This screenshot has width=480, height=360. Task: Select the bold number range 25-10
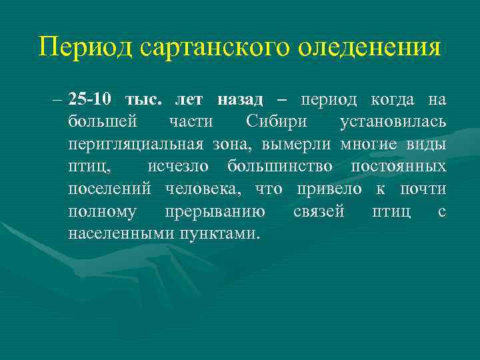[x=89, y=100]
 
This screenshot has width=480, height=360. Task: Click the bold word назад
[x=240, y=100]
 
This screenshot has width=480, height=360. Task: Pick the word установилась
[x=393, y=122]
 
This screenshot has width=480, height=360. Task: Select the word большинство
[x=280, y=166]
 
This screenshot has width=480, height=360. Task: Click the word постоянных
[x=399, y=166]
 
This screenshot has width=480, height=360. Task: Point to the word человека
[x=206, y=189]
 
